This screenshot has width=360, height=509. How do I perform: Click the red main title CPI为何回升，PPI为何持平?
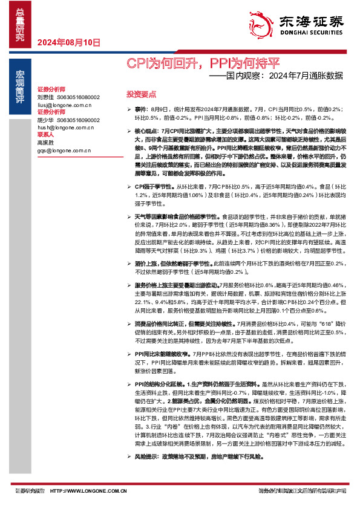(203, 63)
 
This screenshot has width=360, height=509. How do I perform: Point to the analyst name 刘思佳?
(46, 97)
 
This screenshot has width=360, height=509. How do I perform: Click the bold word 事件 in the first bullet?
(140, 109)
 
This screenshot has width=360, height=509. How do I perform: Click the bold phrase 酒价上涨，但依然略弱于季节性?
(171, 264)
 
